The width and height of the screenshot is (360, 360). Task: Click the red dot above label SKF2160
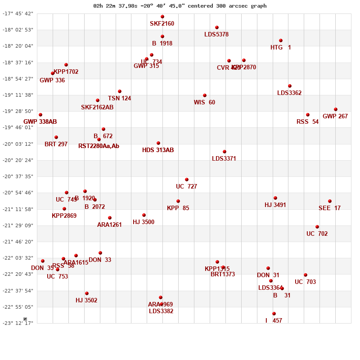click(162, 17)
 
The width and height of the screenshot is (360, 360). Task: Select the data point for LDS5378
click(217, 27)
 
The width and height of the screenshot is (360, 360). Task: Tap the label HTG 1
click(281, 47)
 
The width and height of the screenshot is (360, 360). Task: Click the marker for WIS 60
click(205, 95)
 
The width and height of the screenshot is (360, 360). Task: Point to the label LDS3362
click(289, 93)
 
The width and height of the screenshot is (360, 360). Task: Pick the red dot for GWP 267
click(336, 109)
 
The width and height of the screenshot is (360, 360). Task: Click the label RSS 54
click(307, 122)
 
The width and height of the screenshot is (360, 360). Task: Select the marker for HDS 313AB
click(158, 143)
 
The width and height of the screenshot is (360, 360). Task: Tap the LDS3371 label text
click(224, 159)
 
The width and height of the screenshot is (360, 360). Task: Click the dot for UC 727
click(187, 180)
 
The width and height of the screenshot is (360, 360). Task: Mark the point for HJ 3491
click(275, 198)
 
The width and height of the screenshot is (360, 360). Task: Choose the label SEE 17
click(329, 208)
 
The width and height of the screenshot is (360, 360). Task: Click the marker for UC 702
click(317, 227)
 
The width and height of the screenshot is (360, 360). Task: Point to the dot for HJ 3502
click(87, 293)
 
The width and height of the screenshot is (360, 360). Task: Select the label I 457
click(274, 321)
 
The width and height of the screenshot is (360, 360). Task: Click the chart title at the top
click(180, 6)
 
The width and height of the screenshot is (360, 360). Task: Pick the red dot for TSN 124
click(120, 91)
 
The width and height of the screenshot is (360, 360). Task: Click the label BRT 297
click(56, 144)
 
